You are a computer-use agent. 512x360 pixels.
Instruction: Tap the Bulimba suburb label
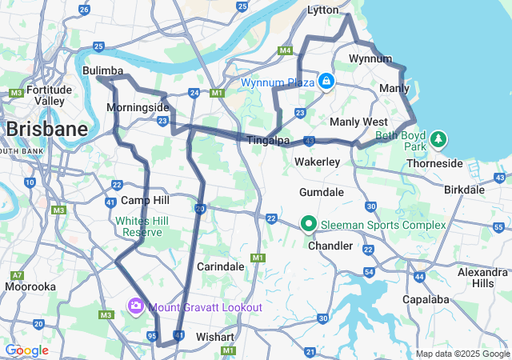pos(102,71)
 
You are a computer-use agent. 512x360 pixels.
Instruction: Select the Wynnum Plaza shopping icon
pos(326,81)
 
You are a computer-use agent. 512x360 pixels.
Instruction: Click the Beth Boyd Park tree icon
pos(438,140)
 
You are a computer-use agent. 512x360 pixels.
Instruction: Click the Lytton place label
pos(325,10)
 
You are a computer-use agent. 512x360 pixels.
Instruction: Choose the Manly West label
pos(358,122)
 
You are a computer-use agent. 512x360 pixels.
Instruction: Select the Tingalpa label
pos(268,141)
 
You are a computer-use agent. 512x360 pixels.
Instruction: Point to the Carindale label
pos(220,266)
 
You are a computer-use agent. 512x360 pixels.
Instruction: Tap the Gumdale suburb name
pos(321,193)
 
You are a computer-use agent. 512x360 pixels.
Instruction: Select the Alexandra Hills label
pos(483,278)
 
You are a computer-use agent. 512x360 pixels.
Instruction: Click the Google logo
pos(26,350)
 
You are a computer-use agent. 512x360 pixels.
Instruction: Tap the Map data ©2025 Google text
pos(462,354)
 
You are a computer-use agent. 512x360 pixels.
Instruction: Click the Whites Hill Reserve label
pos(138,226)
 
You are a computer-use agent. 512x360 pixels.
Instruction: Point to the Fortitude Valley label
pos(49,95)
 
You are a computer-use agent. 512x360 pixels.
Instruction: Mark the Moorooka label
pos(30,286)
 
